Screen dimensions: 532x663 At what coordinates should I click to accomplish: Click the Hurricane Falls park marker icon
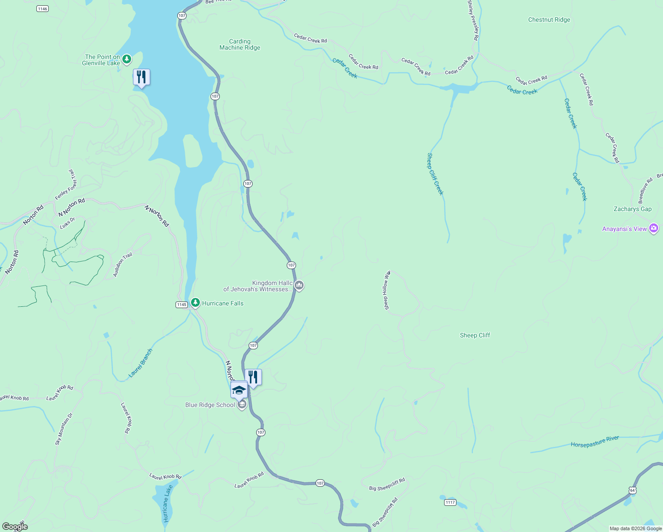pos(195,303)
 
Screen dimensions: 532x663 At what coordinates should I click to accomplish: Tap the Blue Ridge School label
pos(210,405)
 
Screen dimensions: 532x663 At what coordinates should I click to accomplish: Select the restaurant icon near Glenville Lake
pos(141,78)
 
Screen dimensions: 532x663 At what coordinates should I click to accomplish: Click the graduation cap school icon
pos(239,390)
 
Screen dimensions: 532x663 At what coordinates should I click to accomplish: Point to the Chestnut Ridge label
pos(549,20)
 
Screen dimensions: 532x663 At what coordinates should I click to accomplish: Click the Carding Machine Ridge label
pos(240,44)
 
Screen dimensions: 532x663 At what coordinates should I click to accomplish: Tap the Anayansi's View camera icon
pos(653,228)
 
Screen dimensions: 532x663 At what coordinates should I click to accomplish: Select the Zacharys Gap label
pos(632,209)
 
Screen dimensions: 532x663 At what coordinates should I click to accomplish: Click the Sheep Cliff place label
pos(475,335)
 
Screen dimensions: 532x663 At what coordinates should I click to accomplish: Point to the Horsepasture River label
pos(595,442)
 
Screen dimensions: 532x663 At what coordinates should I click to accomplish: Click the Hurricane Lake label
pos(167,503)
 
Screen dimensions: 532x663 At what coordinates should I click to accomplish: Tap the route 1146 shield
pos(43,9)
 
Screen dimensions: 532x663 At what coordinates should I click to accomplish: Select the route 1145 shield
pos(182,305)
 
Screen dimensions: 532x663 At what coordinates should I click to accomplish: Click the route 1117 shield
pos(450,502)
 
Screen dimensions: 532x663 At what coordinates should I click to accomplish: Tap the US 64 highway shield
pos(632,490)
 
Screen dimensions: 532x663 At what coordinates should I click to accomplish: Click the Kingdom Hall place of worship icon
pos(299,286)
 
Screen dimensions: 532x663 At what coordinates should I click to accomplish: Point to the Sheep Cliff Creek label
pos(435,174)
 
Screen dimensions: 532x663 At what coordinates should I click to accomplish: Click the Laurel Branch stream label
pos(140,363)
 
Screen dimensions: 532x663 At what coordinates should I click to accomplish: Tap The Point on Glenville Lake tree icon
pos(127,59)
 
